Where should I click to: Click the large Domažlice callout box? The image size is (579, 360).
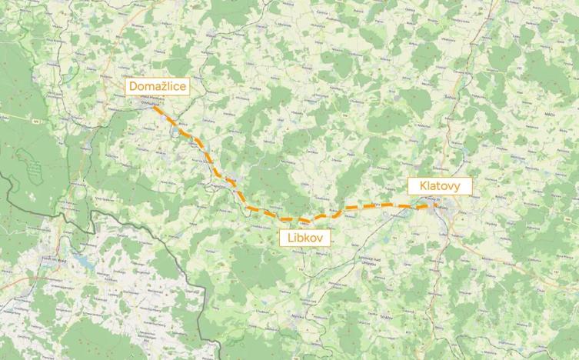[158, 86]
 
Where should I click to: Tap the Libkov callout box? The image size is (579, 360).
[305, 238]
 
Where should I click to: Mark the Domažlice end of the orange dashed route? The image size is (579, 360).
[154, 106]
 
